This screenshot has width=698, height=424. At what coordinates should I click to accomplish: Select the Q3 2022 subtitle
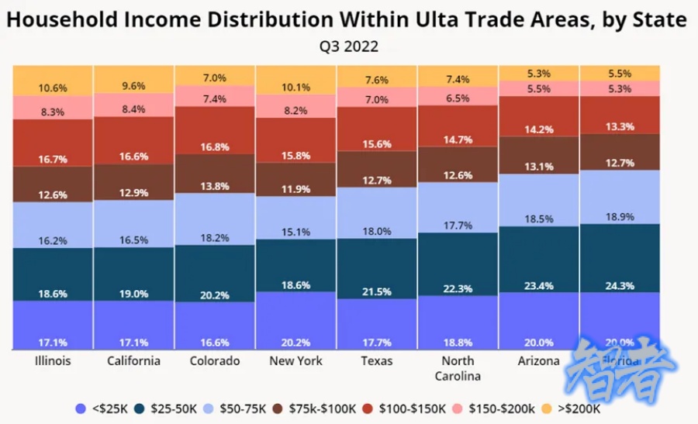pos(349,47)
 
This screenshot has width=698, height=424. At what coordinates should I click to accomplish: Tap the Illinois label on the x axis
pos(54,361)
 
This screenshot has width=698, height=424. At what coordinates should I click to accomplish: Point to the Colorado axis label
pos(215,361)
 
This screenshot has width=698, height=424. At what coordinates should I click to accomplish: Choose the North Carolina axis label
pos(458,368)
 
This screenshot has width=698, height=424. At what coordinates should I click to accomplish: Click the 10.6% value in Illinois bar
pos(54,87)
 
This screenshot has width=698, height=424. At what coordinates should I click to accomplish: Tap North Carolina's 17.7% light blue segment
pos(458,204)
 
